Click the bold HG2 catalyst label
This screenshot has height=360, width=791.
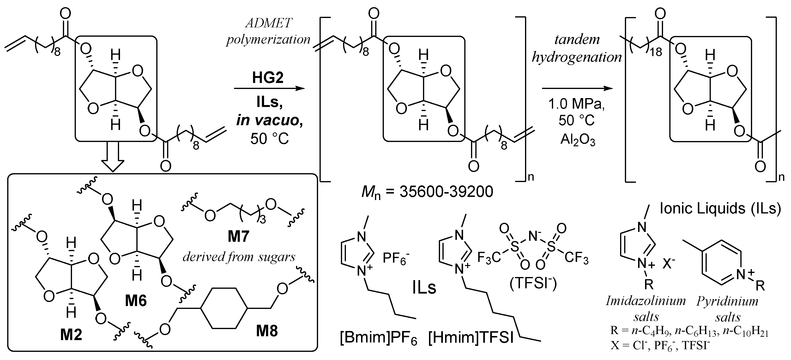[268, 78]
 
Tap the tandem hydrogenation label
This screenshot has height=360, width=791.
[577, 48]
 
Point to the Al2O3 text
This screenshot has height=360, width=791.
[578, 140]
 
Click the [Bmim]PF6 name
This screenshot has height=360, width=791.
[378, 338]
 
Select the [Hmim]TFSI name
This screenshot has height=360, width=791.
[471, 338]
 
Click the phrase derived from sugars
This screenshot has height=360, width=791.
[239, 257]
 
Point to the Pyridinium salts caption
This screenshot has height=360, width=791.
[727, 309]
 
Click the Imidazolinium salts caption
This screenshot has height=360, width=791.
[646, 309]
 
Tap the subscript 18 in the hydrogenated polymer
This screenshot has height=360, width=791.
[656, 52]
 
